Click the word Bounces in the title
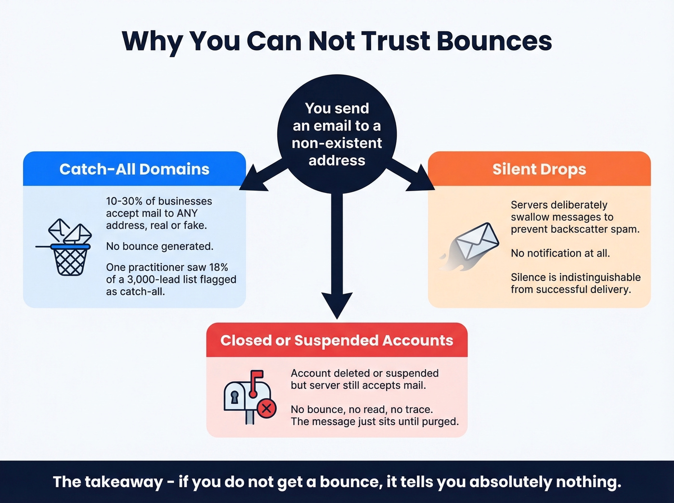pyautogui.click(x=494, y=41)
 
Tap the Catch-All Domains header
pyautogui.click(x=134, y=169)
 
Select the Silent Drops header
pyautogui.click(x=539, y=169)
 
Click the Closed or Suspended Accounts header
pyautogui.click(x=337, y=340)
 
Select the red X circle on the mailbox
pyautogui.click(x=266, y=409)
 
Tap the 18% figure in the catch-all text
pyautogui.click(x=218, y=267)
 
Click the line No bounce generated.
pyautogui.click(x=159, y=246)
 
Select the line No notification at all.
pyautogui.click(x=560, y=253)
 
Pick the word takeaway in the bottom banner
pyautogui.click(x=124, y=482)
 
